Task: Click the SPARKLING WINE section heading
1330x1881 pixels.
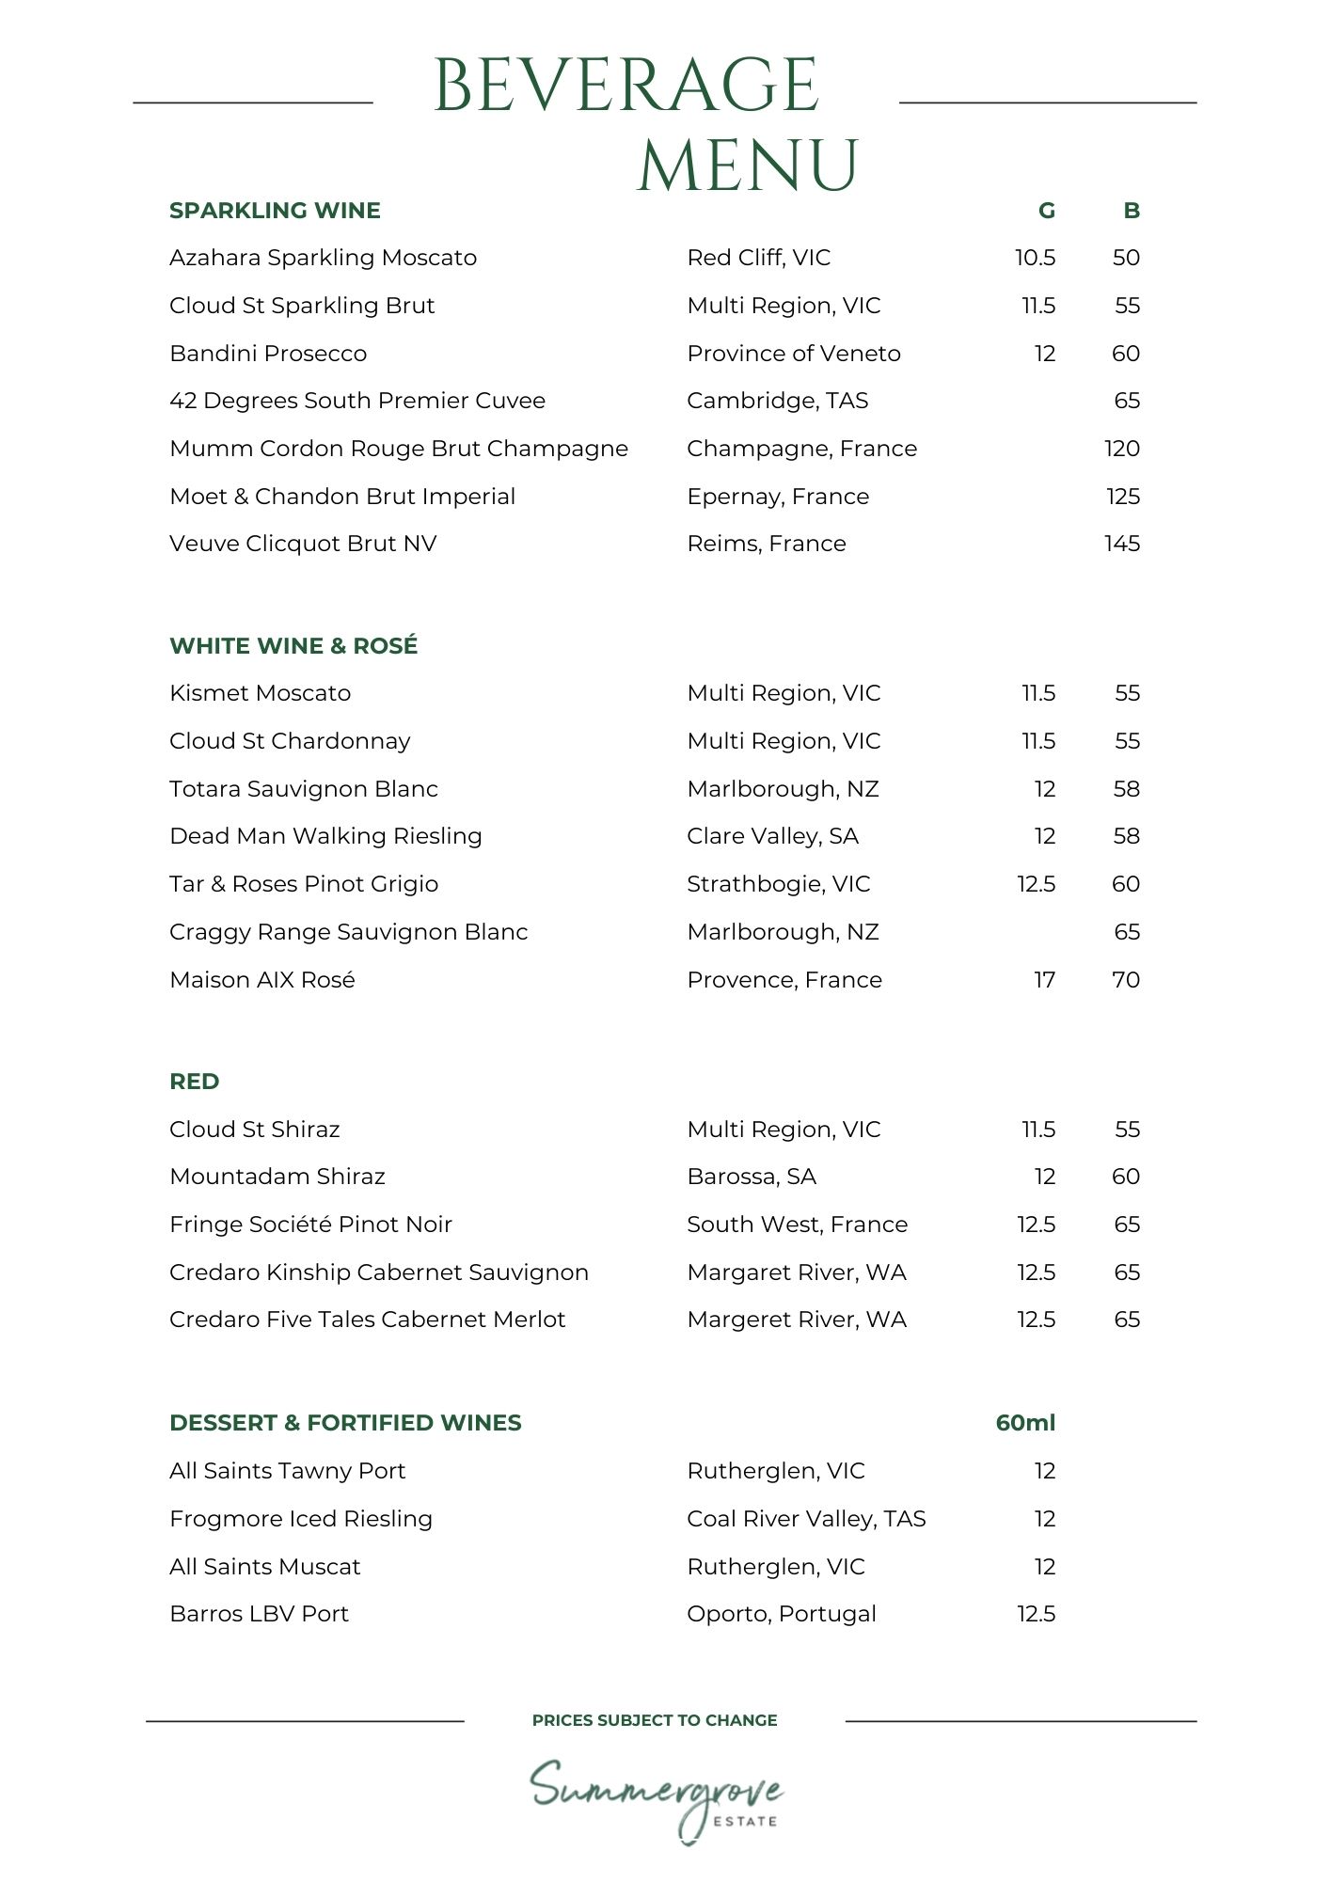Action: [x=275, y=211]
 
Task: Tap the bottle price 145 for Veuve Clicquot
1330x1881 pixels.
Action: [x=1121, y=544]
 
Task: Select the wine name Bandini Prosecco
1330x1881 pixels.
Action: [x=268, y=354]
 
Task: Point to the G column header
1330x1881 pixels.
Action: [x=1046, y=211]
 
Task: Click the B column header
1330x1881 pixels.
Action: [x=1131, y=211]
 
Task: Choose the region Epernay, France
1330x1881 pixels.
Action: [x=778, y=497]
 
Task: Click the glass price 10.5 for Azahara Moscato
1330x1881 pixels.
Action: [x=1035, y=258]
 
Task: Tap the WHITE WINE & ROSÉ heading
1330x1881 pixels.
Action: [x=293, y=646]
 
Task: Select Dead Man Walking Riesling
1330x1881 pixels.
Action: [x=325, y=836]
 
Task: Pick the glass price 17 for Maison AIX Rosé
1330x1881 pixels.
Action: [x=1044, y=980]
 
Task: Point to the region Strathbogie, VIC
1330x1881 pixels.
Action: [x=779, y=884]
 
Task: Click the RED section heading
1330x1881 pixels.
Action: [x=195, y=1082]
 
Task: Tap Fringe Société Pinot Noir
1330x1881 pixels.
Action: [x=310, y=1225]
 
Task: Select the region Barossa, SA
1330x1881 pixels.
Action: [x=752, y=1177]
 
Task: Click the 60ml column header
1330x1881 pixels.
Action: [x=1025, y=1423]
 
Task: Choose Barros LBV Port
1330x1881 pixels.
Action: [x=259, y=1614]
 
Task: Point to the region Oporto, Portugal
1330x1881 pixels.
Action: [x=782, y=1614]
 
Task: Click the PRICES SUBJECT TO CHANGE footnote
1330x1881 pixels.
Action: [x=655, y=1720]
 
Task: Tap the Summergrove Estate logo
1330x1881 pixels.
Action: [x=657, y=1798]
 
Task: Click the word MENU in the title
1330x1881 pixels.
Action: [x=748, y=166]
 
